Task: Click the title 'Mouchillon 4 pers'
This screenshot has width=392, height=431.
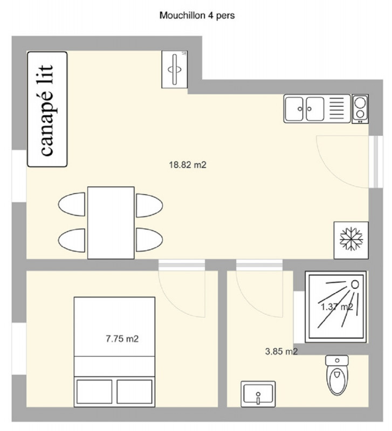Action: click(x=197, y=16)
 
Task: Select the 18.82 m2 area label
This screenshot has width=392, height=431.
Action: click(x=188, y=165)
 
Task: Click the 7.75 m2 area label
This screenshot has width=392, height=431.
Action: click(x=122, y=339)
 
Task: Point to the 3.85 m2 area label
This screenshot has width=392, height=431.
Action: click(x=281, y=352)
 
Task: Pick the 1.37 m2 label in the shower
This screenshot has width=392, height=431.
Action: click(x=336, y=307)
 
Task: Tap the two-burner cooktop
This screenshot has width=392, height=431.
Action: click(x=360, y=109)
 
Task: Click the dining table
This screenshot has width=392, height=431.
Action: click(x=111, y=222)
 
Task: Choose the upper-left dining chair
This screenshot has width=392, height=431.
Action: click(x=72, y=205)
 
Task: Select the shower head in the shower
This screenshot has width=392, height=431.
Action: click(x=355, y=284)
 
